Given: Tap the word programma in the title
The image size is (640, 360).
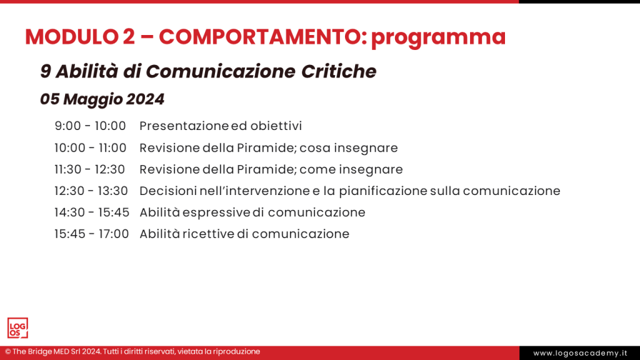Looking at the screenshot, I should pos(437,37).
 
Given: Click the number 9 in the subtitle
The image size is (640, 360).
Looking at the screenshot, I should pos(46,71).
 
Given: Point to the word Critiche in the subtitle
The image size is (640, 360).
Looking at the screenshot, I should pos(339,71).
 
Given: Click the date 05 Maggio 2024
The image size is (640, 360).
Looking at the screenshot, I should pos(102,99).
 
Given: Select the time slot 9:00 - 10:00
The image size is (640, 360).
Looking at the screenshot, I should pos(91,126).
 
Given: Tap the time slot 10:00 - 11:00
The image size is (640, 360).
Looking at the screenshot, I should pos(91,148).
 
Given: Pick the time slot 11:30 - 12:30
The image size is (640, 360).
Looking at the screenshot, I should pos(90,169).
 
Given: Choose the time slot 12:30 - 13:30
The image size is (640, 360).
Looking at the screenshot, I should pos(91,191).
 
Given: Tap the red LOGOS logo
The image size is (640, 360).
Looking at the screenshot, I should pos(17,328).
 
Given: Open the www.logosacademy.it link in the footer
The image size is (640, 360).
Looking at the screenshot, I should pos(579,353).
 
